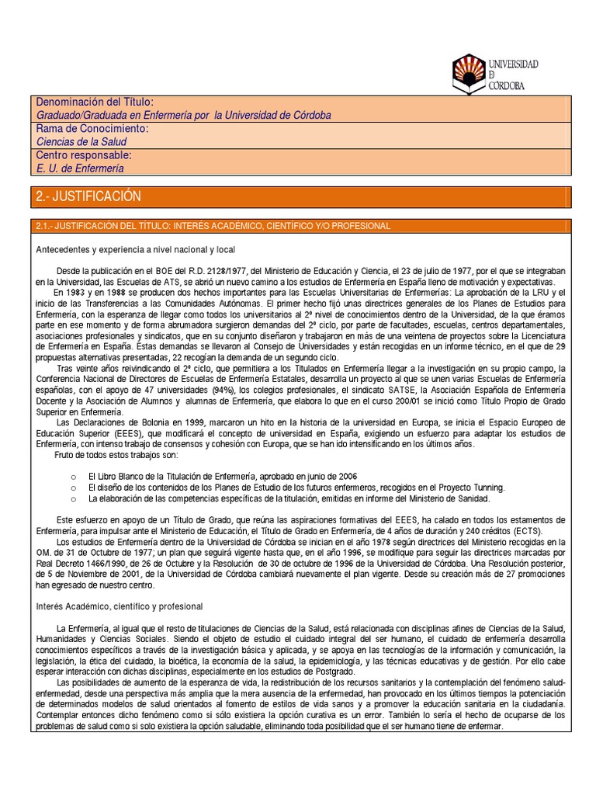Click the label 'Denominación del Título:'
(x=95, y=102)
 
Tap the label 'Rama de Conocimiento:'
(x=92, y=128)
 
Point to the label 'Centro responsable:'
(x=85, y=154)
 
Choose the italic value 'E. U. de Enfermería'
(x=80, y=168)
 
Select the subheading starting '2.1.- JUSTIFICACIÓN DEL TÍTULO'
(x=213, y=225)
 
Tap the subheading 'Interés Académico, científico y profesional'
(x=120, y=606)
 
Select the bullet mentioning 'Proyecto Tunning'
(x=296, y=487)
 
